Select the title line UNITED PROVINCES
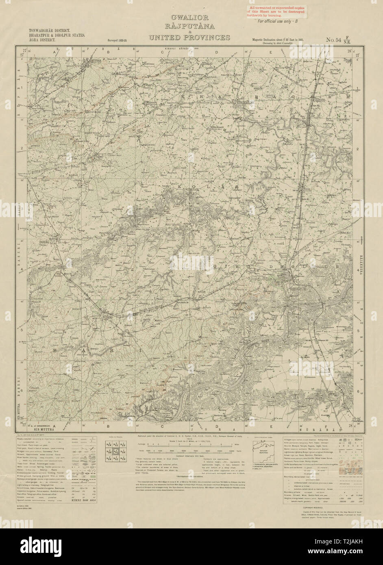(189, 38)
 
